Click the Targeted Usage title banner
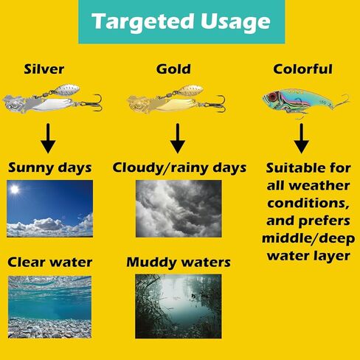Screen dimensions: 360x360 coord(181,21)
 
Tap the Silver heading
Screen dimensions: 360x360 coord(44,69)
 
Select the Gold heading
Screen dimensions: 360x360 coord(173,69)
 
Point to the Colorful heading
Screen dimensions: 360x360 coord(302,69)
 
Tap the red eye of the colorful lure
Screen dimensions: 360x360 coord(272,97)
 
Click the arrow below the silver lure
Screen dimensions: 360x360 coord(48,138)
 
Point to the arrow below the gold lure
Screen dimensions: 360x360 coord(177,138)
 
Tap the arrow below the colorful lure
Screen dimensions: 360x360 coord(301,138)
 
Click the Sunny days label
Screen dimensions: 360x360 coord(50,168)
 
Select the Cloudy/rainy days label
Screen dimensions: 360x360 coord(179,168)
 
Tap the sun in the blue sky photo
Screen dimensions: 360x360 coord(15,190)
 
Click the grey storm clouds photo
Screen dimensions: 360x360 coord(179,209)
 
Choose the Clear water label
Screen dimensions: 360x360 coord(50,262)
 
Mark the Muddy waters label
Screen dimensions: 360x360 coord(179,262)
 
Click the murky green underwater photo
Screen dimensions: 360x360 coord(179,306)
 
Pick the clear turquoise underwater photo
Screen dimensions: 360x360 coord(49,307)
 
